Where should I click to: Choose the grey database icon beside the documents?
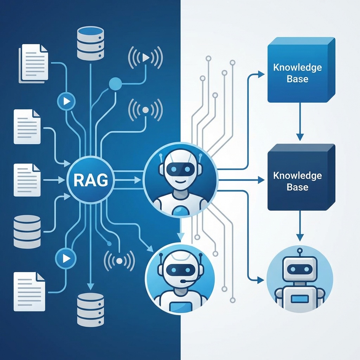(27, 232)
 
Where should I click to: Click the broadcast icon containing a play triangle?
(145, 57)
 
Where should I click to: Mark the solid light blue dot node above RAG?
(115, 84)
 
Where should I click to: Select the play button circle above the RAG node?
(66, 102)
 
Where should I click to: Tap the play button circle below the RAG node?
(66, 258)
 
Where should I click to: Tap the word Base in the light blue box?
(297, 79)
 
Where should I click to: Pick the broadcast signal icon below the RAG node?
(119, 261)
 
